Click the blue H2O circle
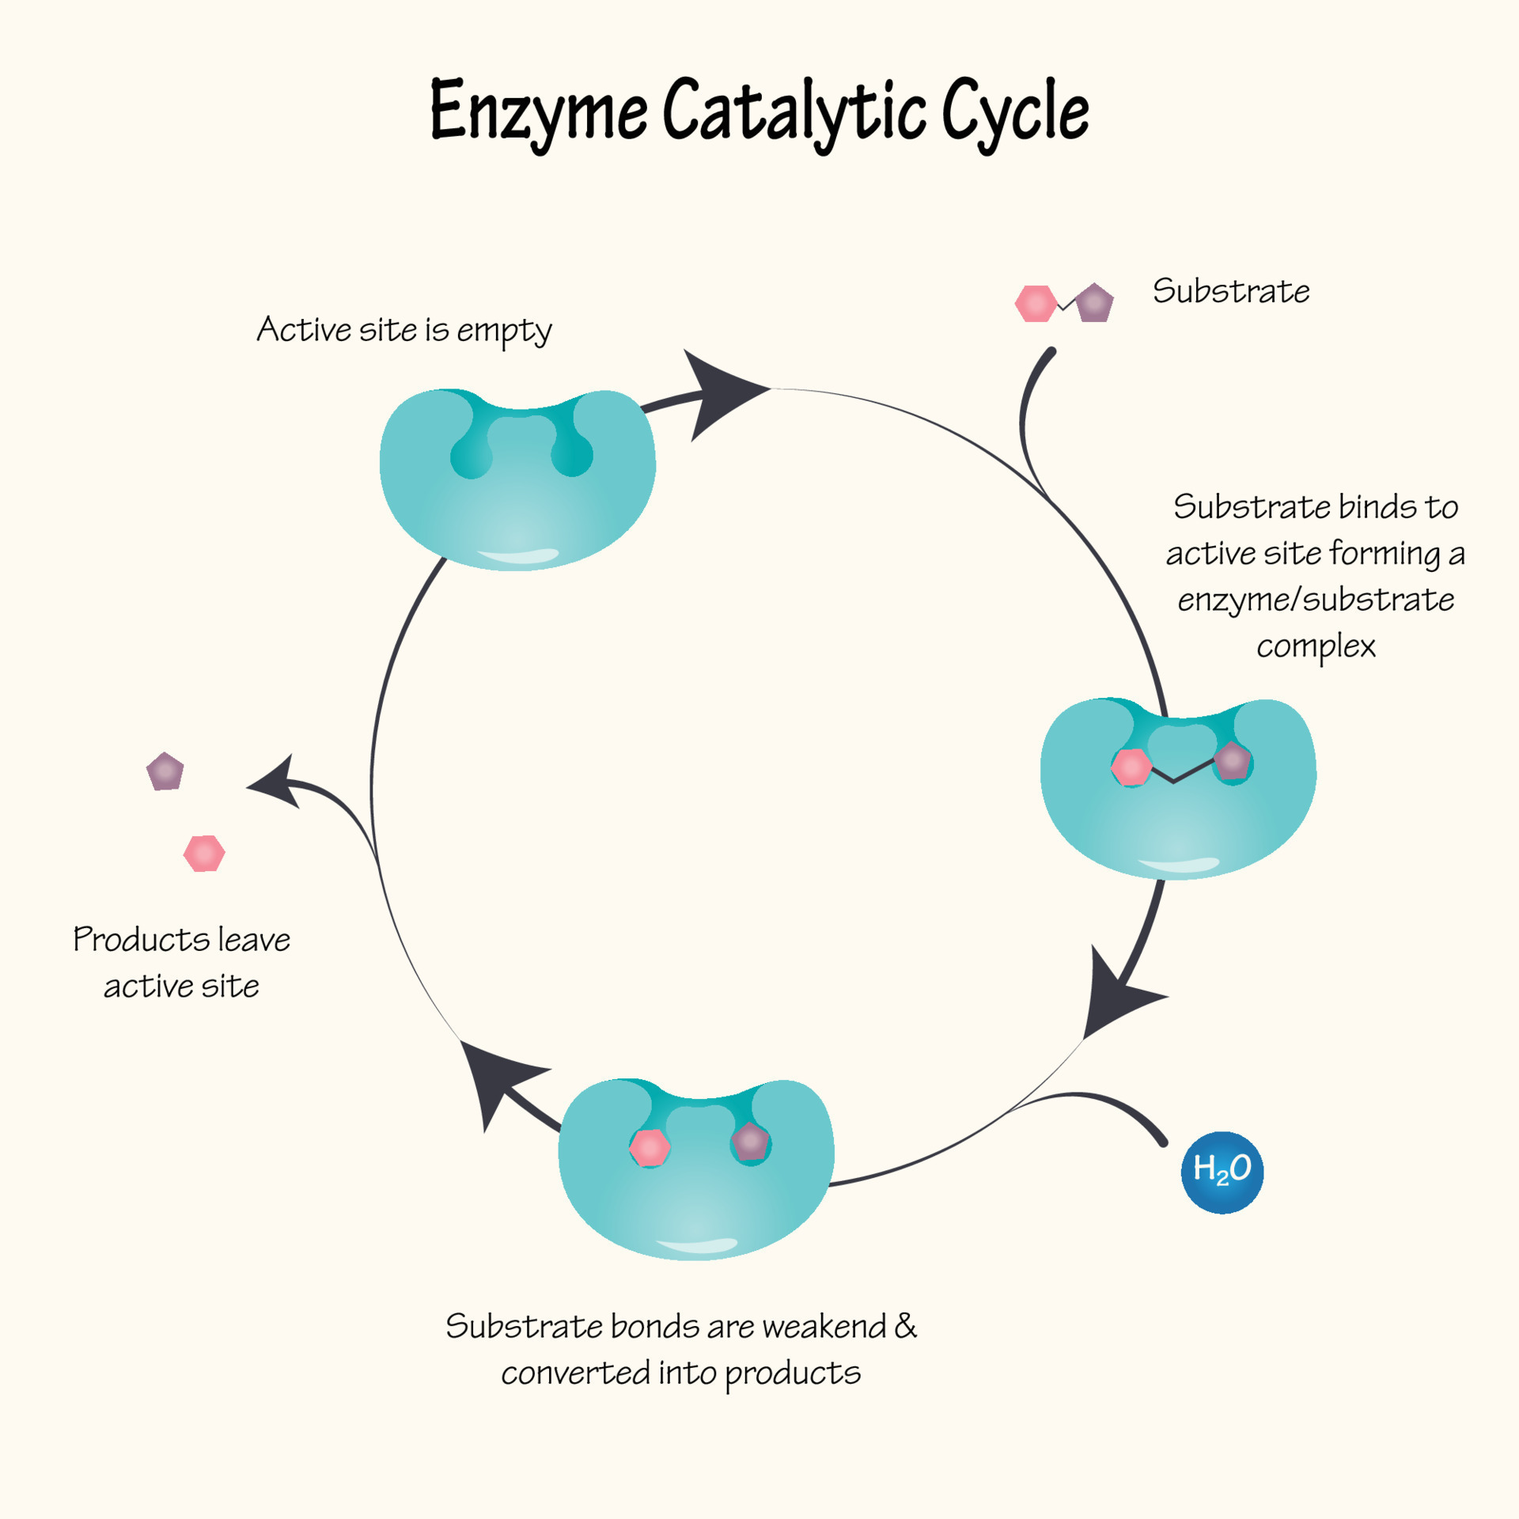click(x=1222, y=1172)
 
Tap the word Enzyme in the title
click(x=538, y=111)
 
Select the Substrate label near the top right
click(x=1230, y=291)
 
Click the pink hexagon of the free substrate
click(x=1036, y=304)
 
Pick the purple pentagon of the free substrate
click(x=1095, y=303)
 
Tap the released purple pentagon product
click(x=165, y=771)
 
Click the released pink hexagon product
click(x=204, y=854)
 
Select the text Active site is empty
click(x=403, y=330)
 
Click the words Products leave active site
click(x=181, y=962)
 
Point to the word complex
click(x=1315, y=646)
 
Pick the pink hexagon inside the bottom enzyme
click(x=650, y=1148)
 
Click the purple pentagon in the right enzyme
click(x=1233, y=762)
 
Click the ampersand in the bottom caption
click(x=905, y=1325)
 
